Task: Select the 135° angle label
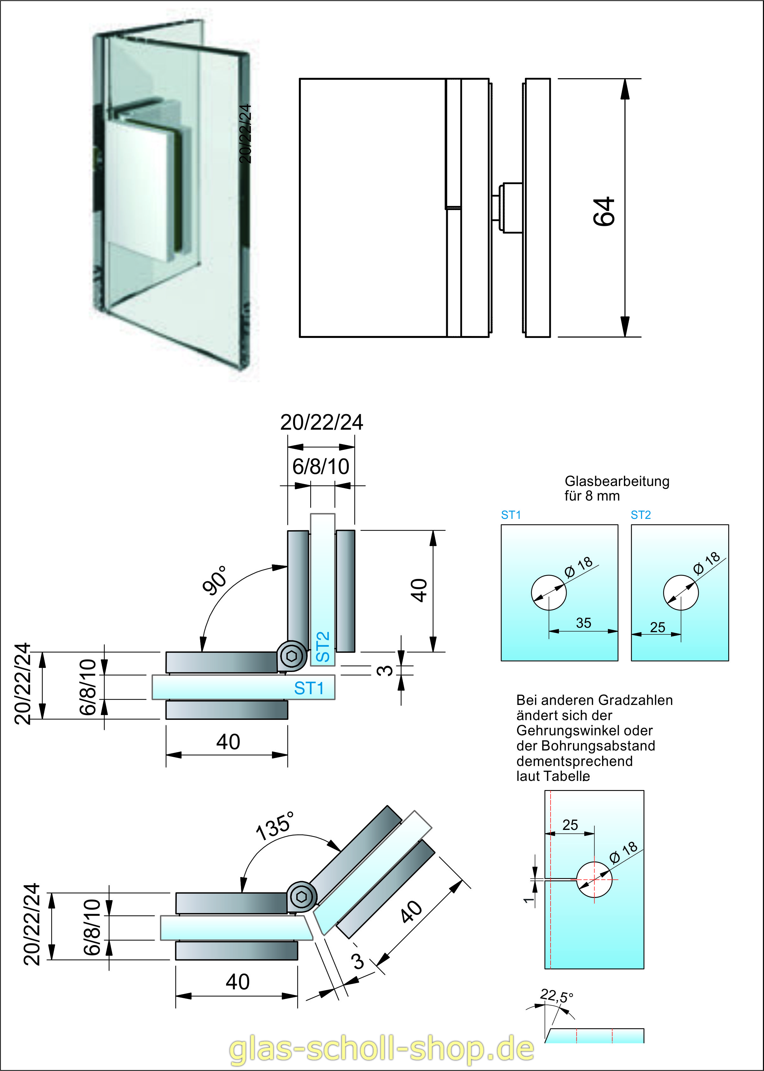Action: tap(275, 826)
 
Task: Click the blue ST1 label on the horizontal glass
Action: tap(309, 688)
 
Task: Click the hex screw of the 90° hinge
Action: tap(292, 656)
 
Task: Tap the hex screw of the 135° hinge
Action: tap(302, 896)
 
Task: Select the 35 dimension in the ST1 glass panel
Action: tap(583, 623)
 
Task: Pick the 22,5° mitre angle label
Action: tap(557, 995)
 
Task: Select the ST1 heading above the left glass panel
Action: tap(511, 515)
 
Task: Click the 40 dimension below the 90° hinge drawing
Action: tap(228, 742)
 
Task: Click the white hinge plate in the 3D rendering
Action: tap(136, 188)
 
